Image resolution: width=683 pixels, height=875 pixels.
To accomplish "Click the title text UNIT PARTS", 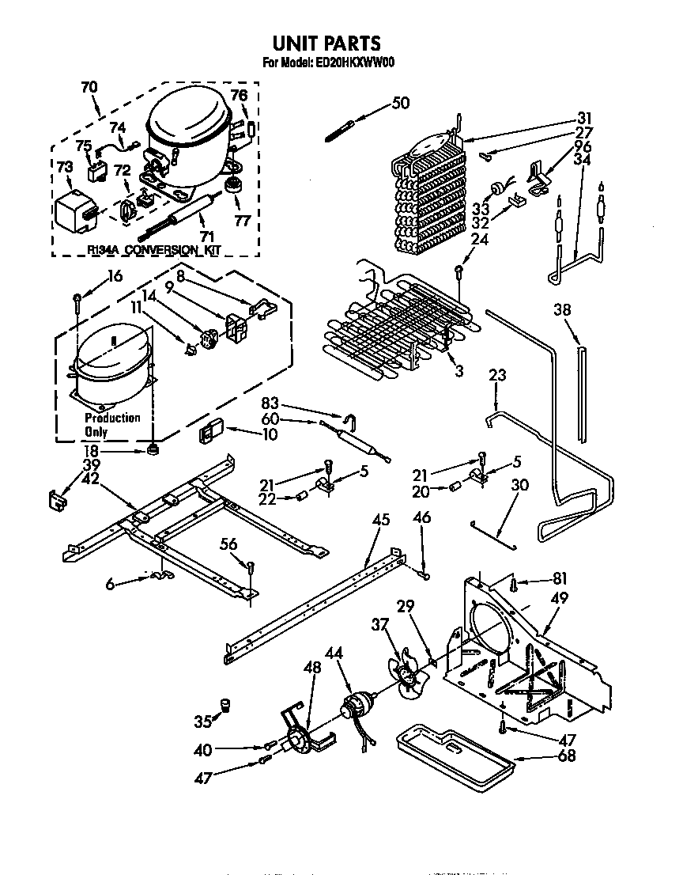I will click(x=326, y=43).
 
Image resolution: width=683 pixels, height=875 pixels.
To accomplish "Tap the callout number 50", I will click(x=401, y=103).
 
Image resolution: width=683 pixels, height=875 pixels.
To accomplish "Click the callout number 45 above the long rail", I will click(x=380, y=519).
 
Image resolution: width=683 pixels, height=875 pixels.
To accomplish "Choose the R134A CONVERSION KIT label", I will click(x=153, y=250).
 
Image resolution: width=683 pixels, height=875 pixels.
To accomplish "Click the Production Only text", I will click(x=111, y=424).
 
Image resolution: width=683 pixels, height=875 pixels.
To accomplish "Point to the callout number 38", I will click(x=562, y=311).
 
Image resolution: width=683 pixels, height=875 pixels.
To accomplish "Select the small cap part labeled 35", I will click(x=225, y=704).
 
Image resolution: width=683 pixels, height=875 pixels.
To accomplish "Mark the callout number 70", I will click(x=90, y=88).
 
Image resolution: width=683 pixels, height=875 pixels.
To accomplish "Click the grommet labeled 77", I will click(x=234, y=187).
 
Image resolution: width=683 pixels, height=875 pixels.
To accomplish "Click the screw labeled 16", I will click(x=77, y=300).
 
